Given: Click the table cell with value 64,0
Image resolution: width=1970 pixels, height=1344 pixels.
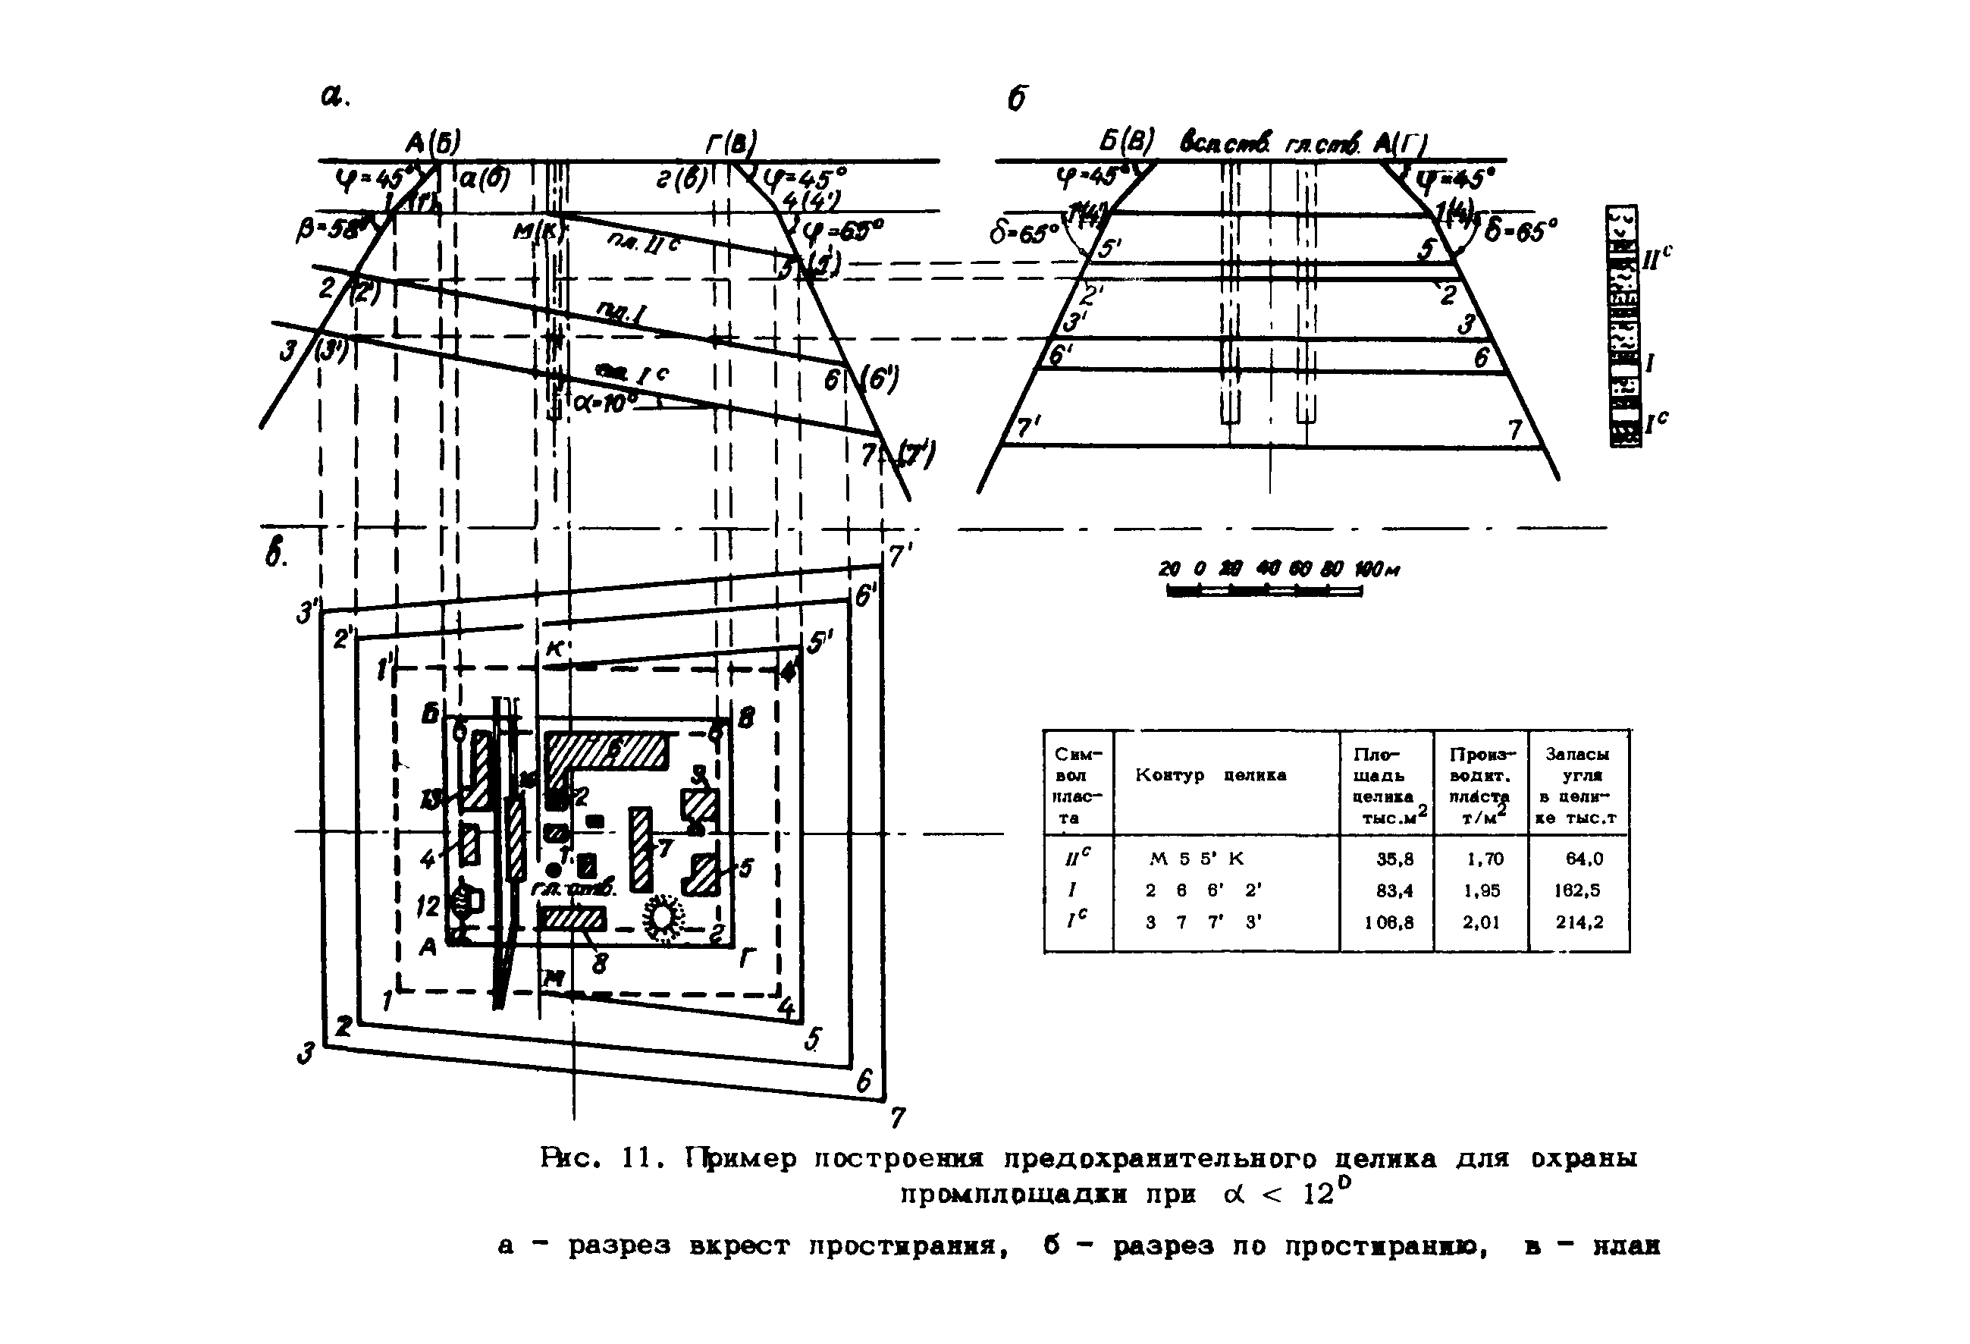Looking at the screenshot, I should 1583,859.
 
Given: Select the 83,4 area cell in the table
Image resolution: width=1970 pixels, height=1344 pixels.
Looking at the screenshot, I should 1395,890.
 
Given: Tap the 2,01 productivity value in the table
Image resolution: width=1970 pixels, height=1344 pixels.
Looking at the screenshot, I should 1481,922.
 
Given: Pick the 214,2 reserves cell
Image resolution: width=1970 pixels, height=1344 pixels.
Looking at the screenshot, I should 1579,922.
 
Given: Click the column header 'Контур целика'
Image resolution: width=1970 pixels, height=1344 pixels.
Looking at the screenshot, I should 1210,775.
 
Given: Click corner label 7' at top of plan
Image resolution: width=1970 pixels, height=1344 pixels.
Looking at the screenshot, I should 899,555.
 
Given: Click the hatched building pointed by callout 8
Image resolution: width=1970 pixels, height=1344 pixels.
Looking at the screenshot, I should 574,919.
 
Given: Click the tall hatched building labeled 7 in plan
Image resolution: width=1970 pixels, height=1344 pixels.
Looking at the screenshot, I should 640,849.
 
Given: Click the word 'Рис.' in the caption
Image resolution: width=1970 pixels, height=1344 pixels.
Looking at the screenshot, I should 568,1158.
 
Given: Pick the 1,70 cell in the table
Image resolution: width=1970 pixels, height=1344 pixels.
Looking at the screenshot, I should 1485,859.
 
